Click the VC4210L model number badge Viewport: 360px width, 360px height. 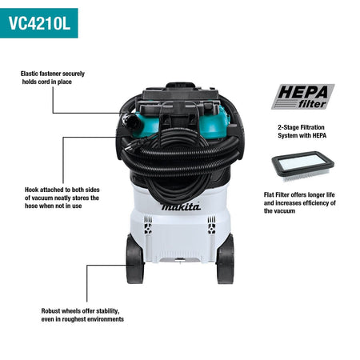[39, 23]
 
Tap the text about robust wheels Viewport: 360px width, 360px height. [82, 314]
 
